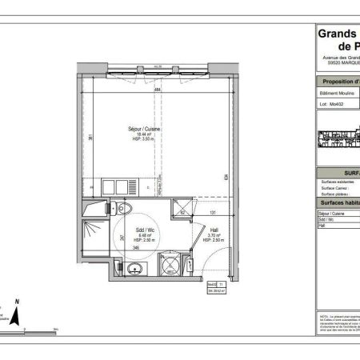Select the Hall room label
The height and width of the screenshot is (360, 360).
point(214,229)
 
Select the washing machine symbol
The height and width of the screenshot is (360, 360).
point(169,265)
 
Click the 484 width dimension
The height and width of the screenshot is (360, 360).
point(158,91)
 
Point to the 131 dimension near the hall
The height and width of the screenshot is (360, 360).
point(213,214)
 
